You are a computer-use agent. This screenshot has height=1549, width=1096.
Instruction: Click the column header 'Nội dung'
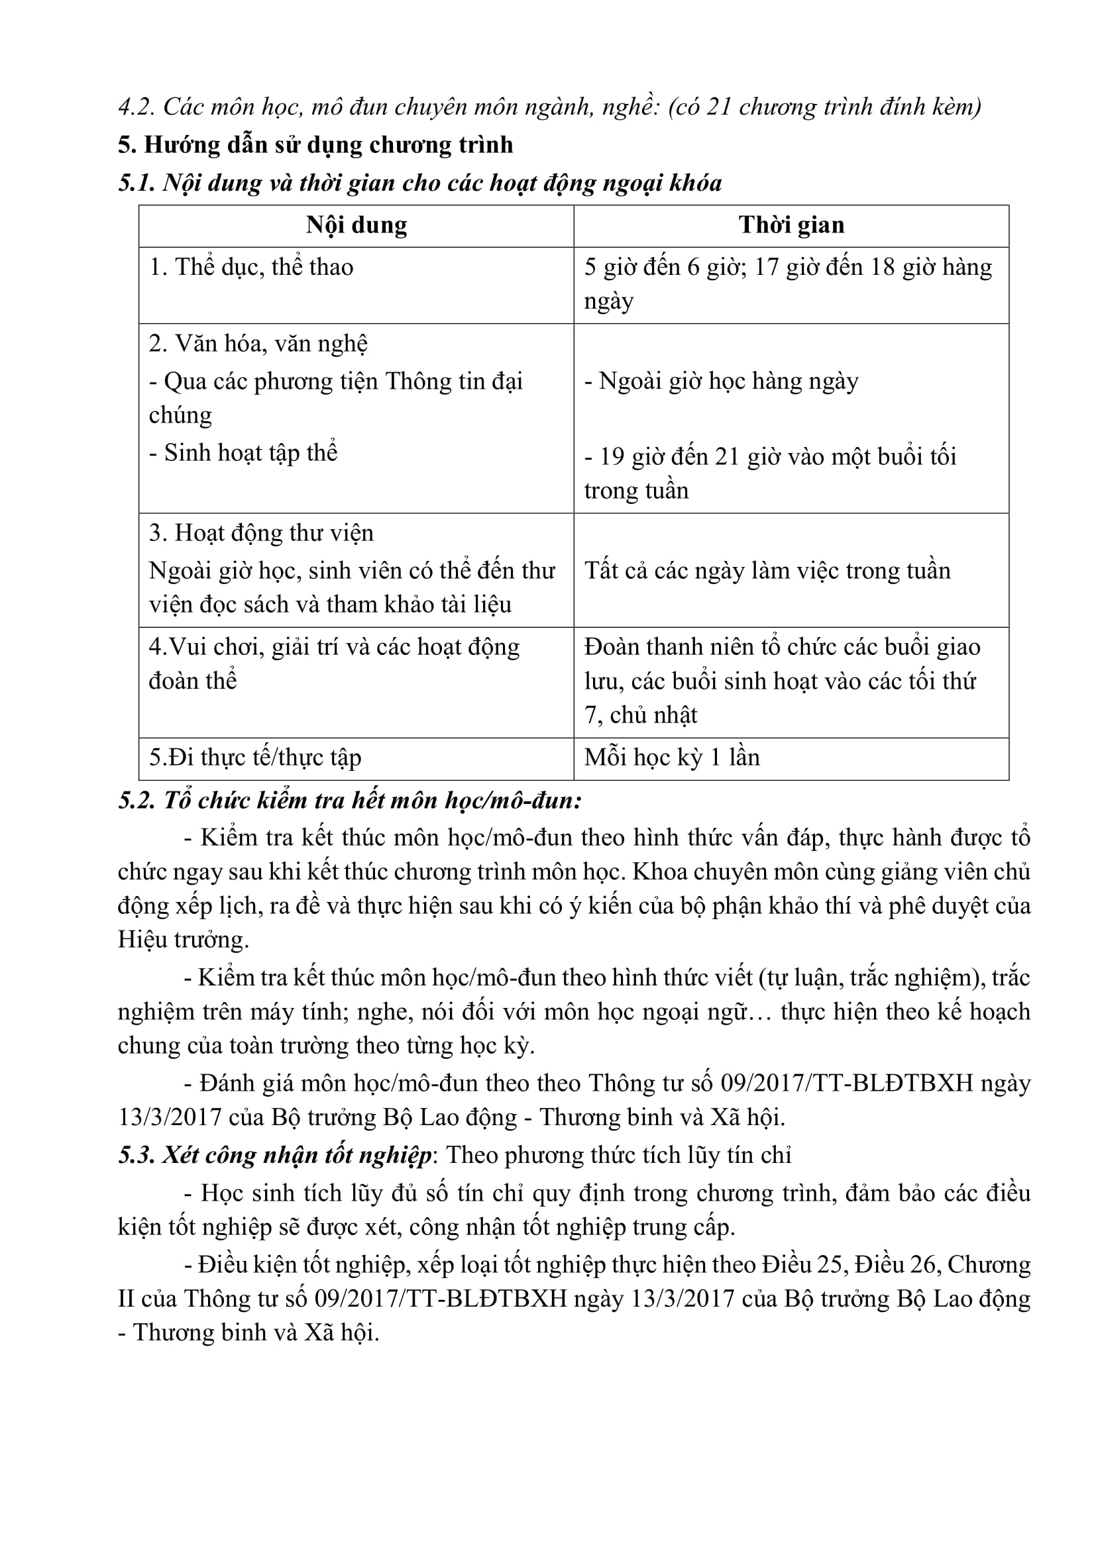356,225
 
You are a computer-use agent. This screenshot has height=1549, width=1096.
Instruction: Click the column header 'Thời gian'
791,225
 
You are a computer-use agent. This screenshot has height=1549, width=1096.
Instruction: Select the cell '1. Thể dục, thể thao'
251,267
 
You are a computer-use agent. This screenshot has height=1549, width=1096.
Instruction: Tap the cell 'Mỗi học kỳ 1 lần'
672,757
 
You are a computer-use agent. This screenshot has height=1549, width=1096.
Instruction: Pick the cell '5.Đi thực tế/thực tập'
255,757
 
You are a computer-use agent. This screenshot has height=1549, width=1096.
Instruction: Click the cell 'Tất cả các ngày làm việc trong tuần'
767,571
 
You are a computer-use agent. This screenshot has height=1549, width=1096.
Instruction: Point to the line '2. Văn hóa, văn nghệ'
258,344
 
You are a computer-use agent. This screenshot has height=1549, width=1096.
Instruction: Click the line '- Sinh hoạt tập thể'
243,452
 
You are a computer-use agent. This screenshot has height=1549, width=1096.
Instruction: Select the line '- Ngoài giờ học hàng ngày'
722,381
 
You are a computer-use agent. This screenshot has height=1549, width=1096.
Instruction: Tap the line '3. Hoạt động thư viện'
261,533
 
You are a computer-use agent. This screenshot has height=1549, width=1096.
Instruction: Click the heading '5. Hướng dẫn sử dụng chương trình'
315,145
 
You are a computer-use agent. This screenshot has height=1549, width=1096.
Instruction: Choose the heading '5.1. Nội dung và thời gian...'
419,183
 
